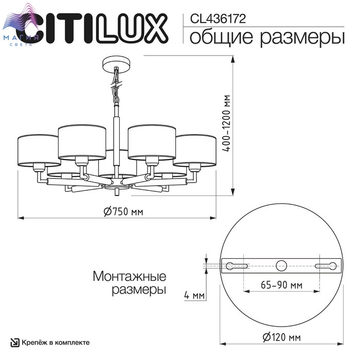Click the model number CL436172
pos(218,19)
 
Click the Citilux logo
pos(92,28)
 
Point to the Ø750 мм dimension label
pos(123,211)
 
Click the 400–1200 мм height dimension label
pos(227,123)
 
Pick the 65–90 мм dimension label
pos(281,285)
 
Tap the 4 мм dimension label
pos(194,295)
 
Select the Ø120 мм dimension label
pos(281,337)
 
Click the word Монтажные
pos(130,276)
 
